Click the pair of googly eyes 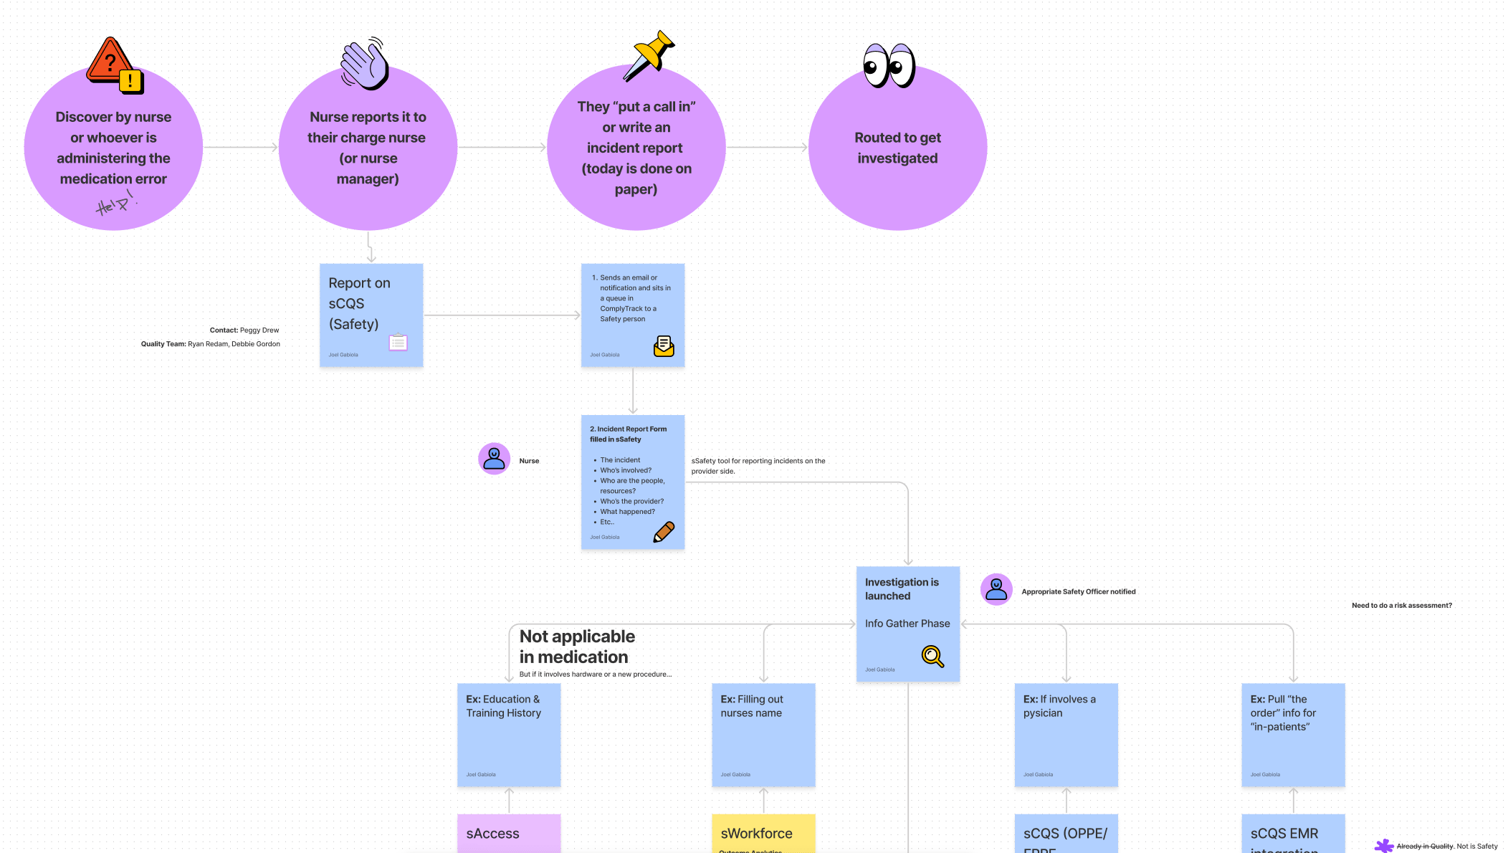(889, 66)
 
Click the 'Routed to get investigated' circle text (897, 148)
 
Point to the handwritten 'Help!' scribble (115, 204)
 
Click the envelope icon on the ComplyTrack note (664, 346)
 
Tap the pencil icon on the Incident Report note (664, 532)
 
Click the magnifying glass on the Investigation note (932, 656)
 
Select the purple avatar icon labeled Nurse (495, 459)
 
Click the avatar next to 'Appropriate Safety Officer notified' (996, 590)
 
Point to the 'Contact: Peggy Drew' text (244, 330)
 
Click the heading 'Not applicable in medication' (577, 647)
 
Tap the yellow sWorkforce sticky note (763, 833)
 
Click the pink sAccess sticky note (509, 833)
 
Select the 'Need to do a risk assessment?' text (1401, 606)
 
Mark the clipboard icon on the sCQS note (398, 343)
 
